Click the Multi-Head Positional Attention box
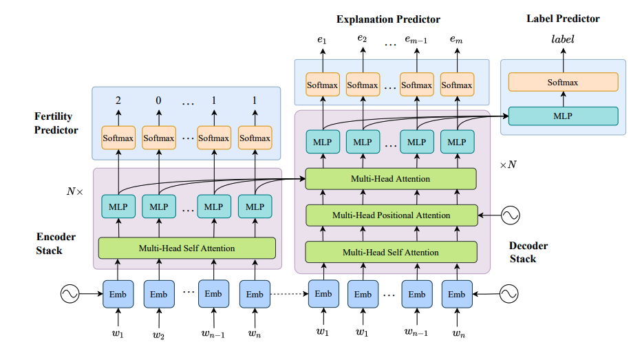(391, 215)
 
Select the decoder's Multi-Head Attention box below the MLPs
(391, 179)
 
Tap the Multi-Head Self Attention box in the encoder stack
(186, 248)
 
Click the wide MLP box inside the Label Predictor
(563, 116)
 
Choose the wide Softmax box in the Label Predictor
(563, 83)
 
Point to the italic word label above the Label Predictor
(562, 40)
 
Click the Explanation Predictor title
(388, 19)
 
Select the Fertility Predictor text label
(54, 123)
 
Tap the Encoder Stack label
(56, 243)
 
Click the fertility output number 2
(118, 100)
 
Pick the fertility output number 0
(158, 100)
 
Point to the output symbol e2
(362, 39)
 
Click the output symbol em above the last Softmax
(456, 40)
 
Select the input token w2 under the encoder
(159, 335)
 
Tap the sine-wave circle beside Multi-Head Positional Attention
(511, 215)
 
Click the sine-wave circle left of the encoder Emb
(71, 294)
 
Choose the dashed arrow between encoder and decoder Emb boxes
(287, 295)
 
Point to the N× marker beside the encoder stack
(74, 190)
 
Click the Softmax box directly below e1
(322, 85)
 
